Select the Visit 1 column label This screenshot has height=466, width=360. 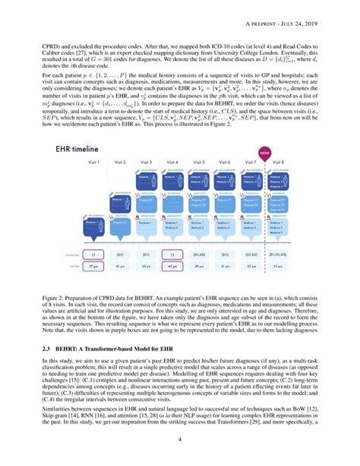(95, 163)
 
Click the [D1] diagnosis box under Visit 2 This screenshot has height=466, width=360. (120, 255)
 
